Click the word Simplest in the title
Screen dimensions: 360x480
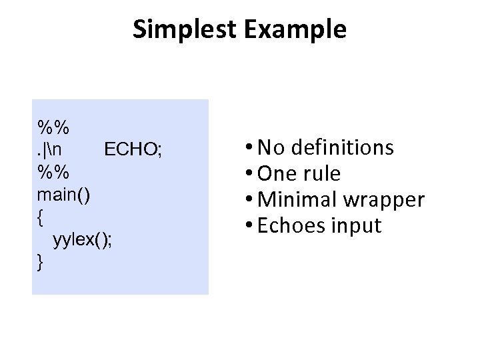[179, 29]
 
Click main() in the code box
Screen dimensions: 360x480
[64, 194]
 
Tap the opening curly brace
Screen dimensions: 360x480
[41, 217]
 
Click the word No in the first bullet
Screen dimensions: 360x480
[269, 147]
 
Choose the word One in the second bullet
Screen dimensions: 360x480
[276, 173]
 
